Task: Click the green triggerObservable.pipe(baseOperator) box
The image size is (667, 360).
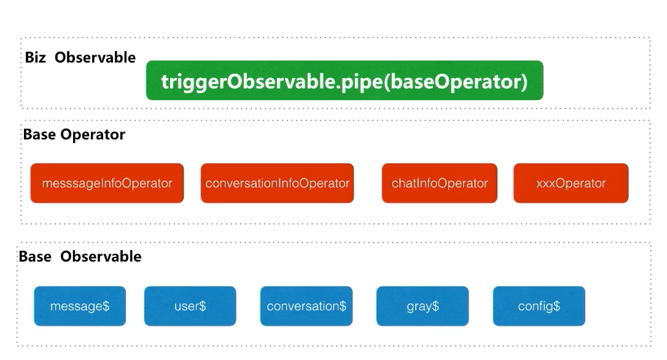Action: click(344, 80)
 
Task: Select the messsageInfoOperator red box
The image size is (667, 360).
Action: click(107, 183)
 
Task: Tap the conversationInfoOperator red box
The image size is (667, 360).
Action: click(277, 183)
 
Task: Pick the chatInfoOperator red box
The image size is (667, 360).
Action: click(439, 183)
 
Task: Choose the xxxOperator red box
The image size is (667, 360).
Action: click(571, 183)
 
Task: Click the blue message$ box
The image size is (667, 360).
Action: click(80, 306)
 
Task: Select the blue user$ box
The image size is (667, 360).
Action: click(190, 306)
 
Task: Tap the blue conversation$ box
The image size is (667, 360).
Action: click(306, 306)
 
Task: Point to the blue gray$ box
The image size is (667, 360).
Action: click(422, 306)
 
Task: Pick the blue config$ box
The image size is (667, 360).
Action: click(539, 306)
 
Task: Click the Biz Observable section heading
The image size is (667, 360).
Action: click(80, 58)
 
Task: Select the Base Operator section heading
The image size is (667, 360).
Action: click(74, 135)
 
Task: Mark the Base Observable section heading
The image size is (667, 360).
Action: click(80, 257)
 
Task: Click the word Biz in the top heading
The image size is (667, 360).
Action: click(35, 58)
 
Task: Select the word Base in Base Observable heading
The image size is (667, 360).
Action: click(35, 257)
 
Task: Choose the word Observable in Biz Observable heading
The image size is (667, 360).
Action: click(95, 58)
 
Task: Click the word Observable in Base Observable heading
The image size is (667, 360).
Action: click(101, 257)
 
